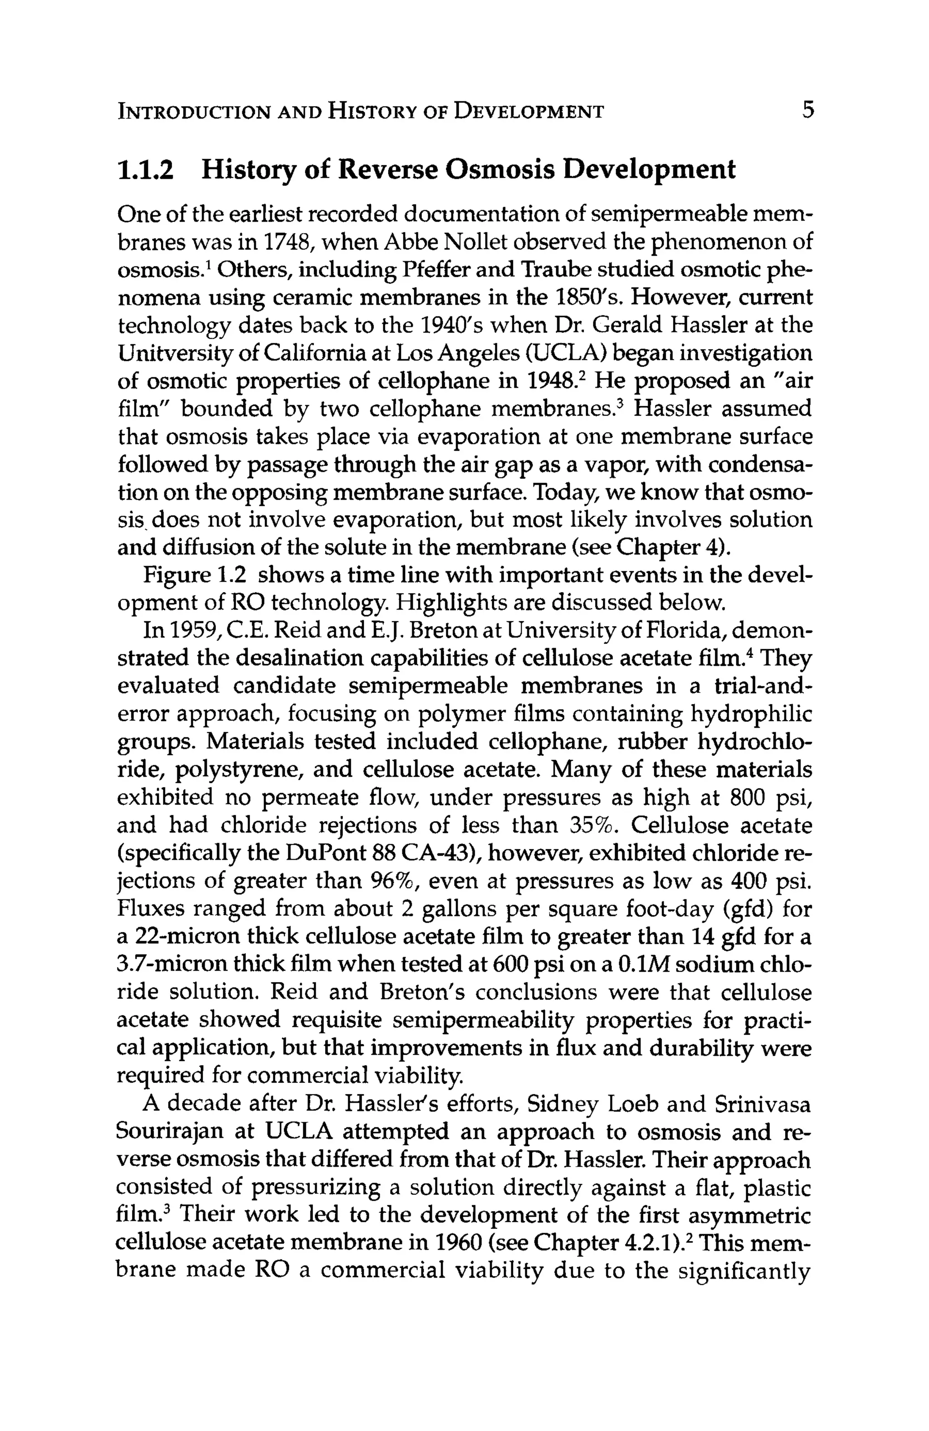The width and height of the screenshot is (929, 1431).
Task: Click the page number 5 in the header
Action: click(x=807, y=110)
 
